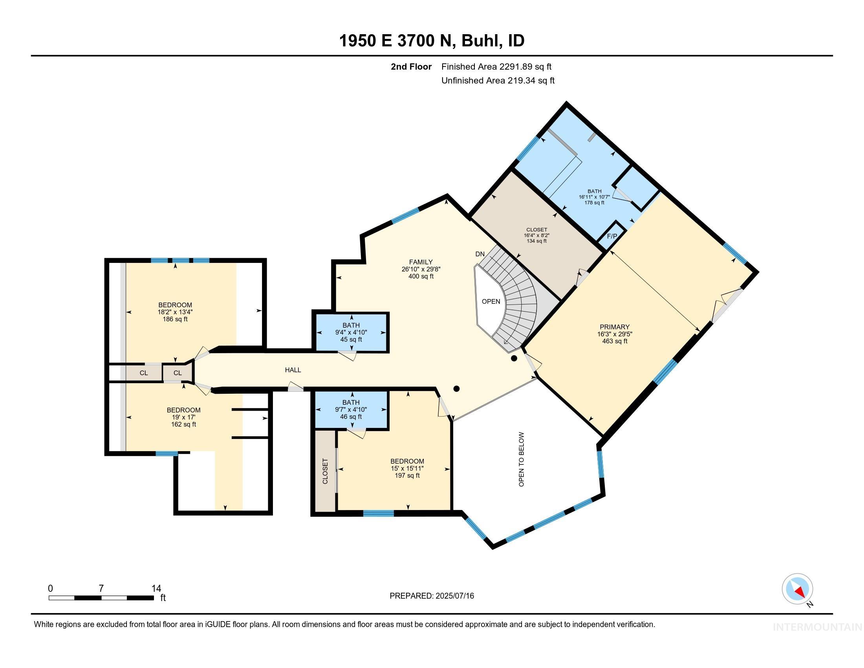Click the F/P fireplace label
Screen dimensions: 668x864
(x=611, y=236)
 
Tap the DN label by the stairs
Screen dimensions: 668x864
(x=480, y=254)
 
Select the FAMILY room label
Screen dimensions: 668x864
(x=421, y=262)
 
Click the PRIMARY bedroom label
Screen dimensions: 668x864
(x=614, y=327)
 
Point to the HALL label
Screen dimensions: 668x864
(x=293, y=370)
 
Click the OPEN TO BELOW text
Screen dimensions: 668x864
(x=521, y=459)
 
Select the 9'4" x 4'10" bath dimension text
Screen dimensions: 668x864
(x=351, y=332)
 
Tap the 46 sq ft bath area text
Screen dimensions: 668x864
(x=351, y=417)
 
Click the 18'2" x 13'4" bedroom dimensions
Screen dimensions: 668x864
(x=175, y=312)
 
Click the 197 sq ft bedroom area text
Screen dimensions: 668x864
(x=407, y=475)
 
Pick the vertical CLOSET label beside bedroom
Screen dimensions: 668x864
(x=325, y=471)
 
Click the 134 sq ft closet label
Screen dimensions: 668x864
(x=536, y=240)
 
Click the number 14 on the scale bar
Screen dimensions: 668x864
(x=156, y=589)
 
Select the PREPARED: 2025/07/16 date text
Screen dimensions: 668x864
(x=432, y=596)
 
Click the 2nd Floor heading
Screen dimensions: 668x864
(x=411, y=67)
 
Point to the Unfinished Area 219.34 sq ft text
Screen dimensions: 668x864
(x=498, y=81)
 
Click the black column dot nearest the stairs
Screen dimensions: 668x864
(x=514, y=358)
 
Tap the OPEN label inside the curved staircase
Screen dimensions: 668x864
(x=491, y=301)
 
